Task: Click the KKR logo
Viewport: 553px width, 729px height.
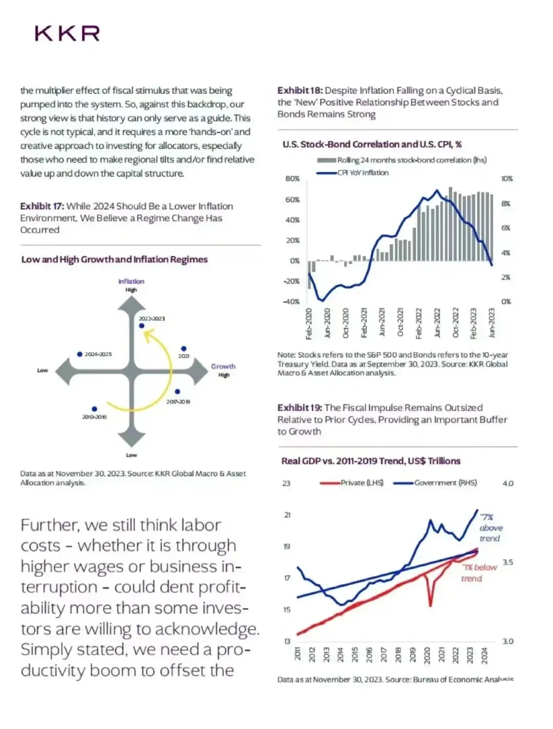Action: [x=67, y=34]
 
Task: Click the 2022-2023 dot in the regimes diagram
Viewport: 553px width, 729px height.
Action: [x=142, y=326]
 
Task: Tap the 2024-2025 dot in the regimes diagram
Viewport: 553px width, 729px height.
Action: [x=80, y=354]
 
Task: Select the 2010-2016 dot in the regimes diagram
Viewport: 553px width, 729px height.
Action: [x=94, y=409]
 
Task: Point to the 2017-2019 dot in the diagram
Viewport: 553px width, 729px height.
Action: [x=177, y=392]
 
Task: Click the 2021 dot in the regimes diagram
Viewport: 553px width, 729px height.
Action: [x=184, y=349]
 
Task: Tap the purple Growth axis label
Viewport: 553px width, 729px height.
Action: [x=223, y=366]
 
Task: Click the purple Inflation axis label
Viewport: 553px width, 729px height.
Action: [x=131, y=281]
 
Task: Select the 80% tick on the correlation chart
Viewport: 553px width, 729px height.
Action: [x=292, y=179]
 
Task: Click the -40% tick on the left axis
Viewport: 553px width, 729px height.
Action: [x=291, y=301]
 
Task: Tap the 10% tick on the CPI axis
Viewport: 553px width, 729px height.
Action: [x=507, y=179]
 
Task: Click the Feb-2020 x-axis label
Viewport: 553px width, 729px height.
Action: [x=309, y=323]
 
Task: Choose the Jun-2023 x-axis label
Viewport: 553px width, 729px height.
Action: [x=492, y=323]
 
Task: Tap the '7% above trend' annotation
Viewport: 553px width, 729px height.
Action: [x=490, y=527]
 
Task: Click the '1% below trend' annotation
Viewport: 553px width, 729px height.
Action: [x=478, y=572]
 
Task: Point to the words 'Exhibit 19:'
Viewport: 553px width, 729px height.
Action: [x=300, y=408]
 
